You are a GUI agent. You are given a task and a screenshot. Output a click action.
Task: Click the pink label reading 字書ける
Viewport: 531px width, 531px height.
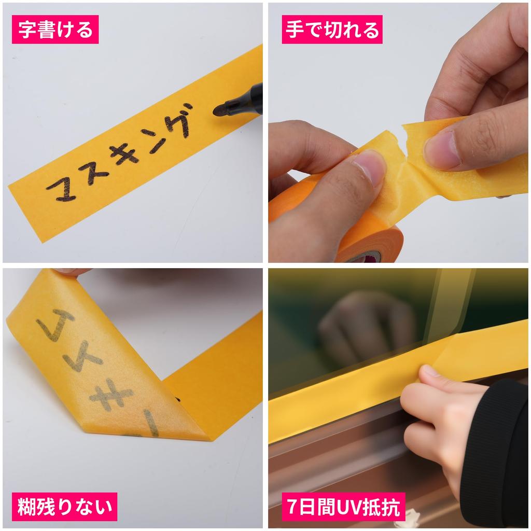coord(55,29)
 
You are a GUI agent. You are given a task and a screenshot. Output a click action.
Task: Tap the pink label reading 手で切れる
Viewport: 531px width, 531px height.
coord(332,29)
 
